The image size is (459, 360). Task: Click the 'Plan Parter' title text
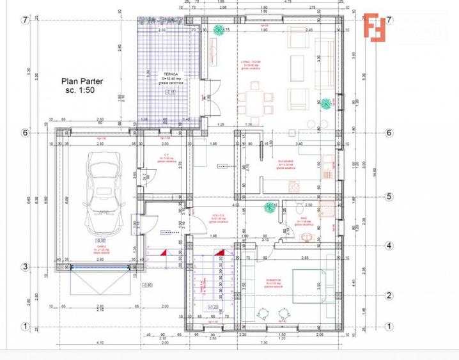click(x=82, y=81)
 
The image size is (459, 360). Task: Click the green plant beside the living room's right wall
click(x=327, y=102)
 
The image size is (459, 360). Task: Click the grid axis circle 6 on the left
click(x=26, y=133)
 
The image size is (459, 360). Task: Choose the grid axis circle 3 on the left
click(x=26, y=267)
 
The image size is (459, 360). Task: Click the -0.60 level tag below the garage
click(x=147, y=284)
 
